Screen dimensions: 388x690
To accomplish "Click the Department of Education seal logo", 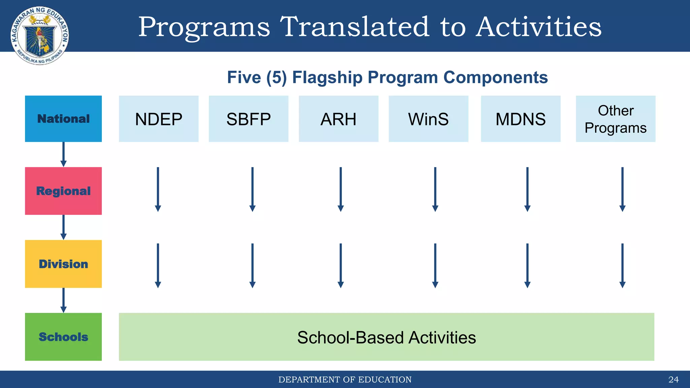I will click(40, 35).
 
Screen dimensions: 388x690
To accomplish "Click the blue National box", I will click(63, 119).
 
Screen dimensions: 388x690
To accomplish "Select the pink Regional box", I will click(63, 191).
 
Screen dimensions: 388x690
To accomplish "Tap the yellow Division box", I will click(63, 264).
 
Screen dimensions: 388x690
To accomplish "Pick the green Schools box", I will click(63, 336).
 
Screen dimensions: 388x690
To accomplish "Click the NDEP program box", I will click(158, 119).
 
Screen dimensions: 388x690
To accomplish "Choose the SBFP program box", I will click(248, 119).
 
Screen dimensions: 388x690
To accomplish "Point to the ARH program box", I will click(338, 119).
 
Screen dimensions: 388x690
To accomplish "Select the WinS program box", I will click(428, 119).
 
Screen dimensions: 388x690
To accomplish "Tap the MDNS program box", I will click(521, 119).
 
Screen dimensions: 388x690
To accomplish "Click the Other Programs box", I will click(615, 119).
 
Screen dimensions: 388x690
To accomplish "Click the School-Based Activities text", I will click(386, 337).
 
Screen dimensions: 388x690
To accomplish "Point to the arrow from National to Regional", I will click(63, 154).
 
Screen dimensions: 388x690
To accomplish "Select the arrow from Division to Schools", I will click(63, 300).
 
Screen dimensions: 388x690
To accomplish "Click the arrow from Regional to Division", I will click(63, 227).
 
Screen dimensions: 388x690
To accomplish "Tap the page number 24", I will click(673, 380).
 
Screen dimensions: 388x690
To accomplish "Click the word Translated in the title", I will click(354, 27).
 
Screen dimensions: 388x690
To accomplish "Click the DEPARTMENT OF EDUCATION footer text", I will click(345, 380).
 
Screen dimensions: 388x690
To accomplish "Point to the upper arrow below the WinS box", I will click(435, 189).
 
